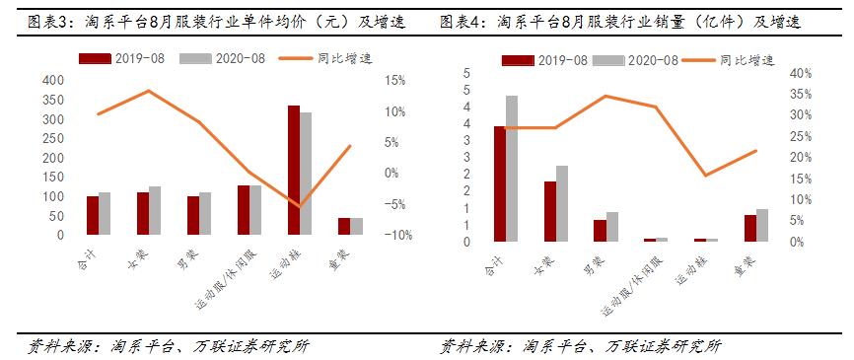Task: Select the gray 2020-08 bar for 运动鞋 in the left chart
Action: pos(306,174)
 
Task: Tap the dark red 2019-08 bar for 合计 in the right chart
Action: pos(500,183)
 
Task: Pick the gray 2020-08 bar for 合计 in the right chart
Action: pos(512,169)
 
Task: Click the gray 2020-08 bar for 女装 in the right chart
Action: pos(562,203)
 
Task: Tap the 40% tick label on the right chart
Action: pos(802,73)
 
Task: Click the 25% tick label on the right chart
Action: pos(802,136)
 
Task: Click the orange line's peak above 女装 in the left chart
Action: pos(148,91)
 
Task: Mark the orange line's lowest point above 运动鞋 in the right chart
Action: pos(704,176)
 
